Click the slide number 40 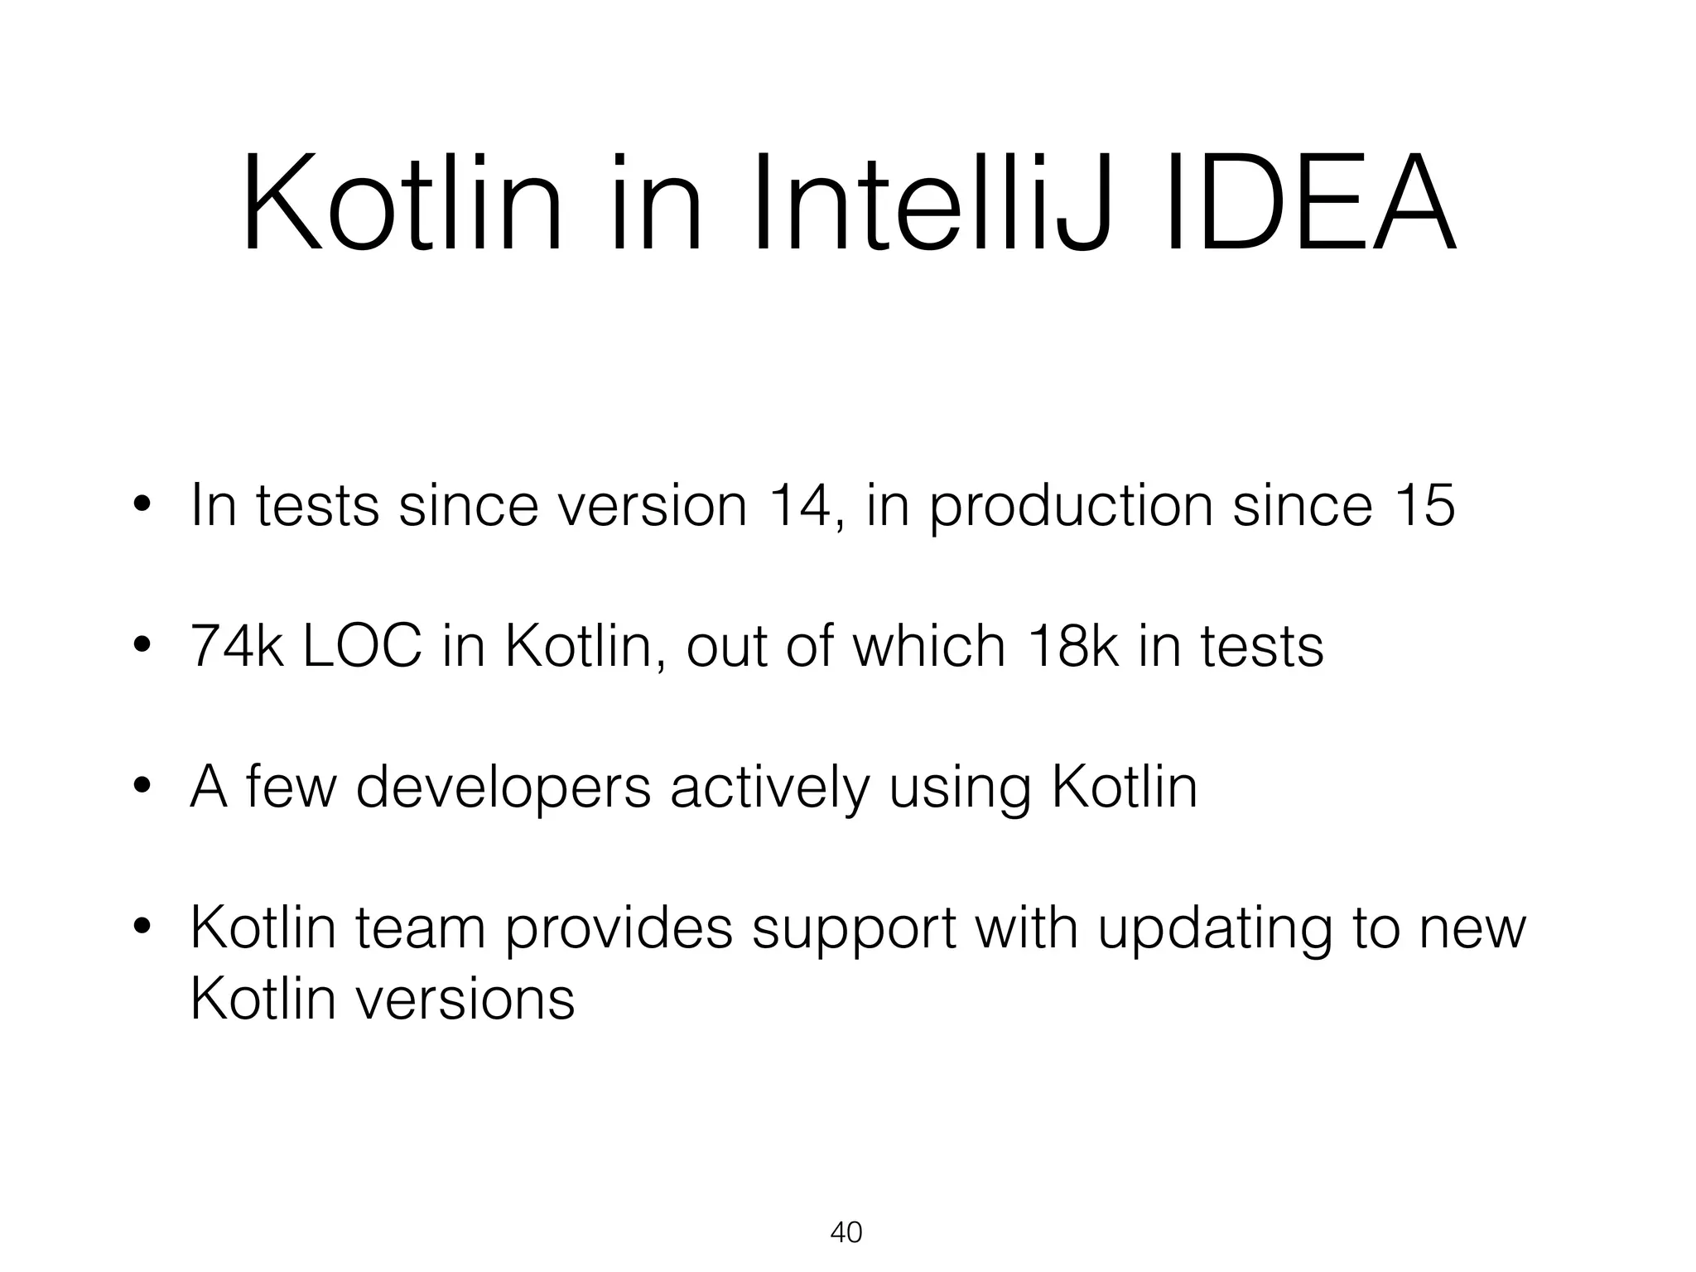click(846, 1232)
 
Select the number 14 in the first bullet click(800, 504)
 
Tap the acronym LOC click(362, 646)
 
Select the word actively click(769, 788)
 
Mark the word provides click(619, 929)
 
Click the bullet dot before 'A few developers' click(142, 788)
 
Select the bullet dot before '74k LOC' click(142, 647)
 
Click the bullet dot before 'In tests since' click(142, 505)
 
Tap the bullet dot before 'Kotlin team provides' click(142, 929)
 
